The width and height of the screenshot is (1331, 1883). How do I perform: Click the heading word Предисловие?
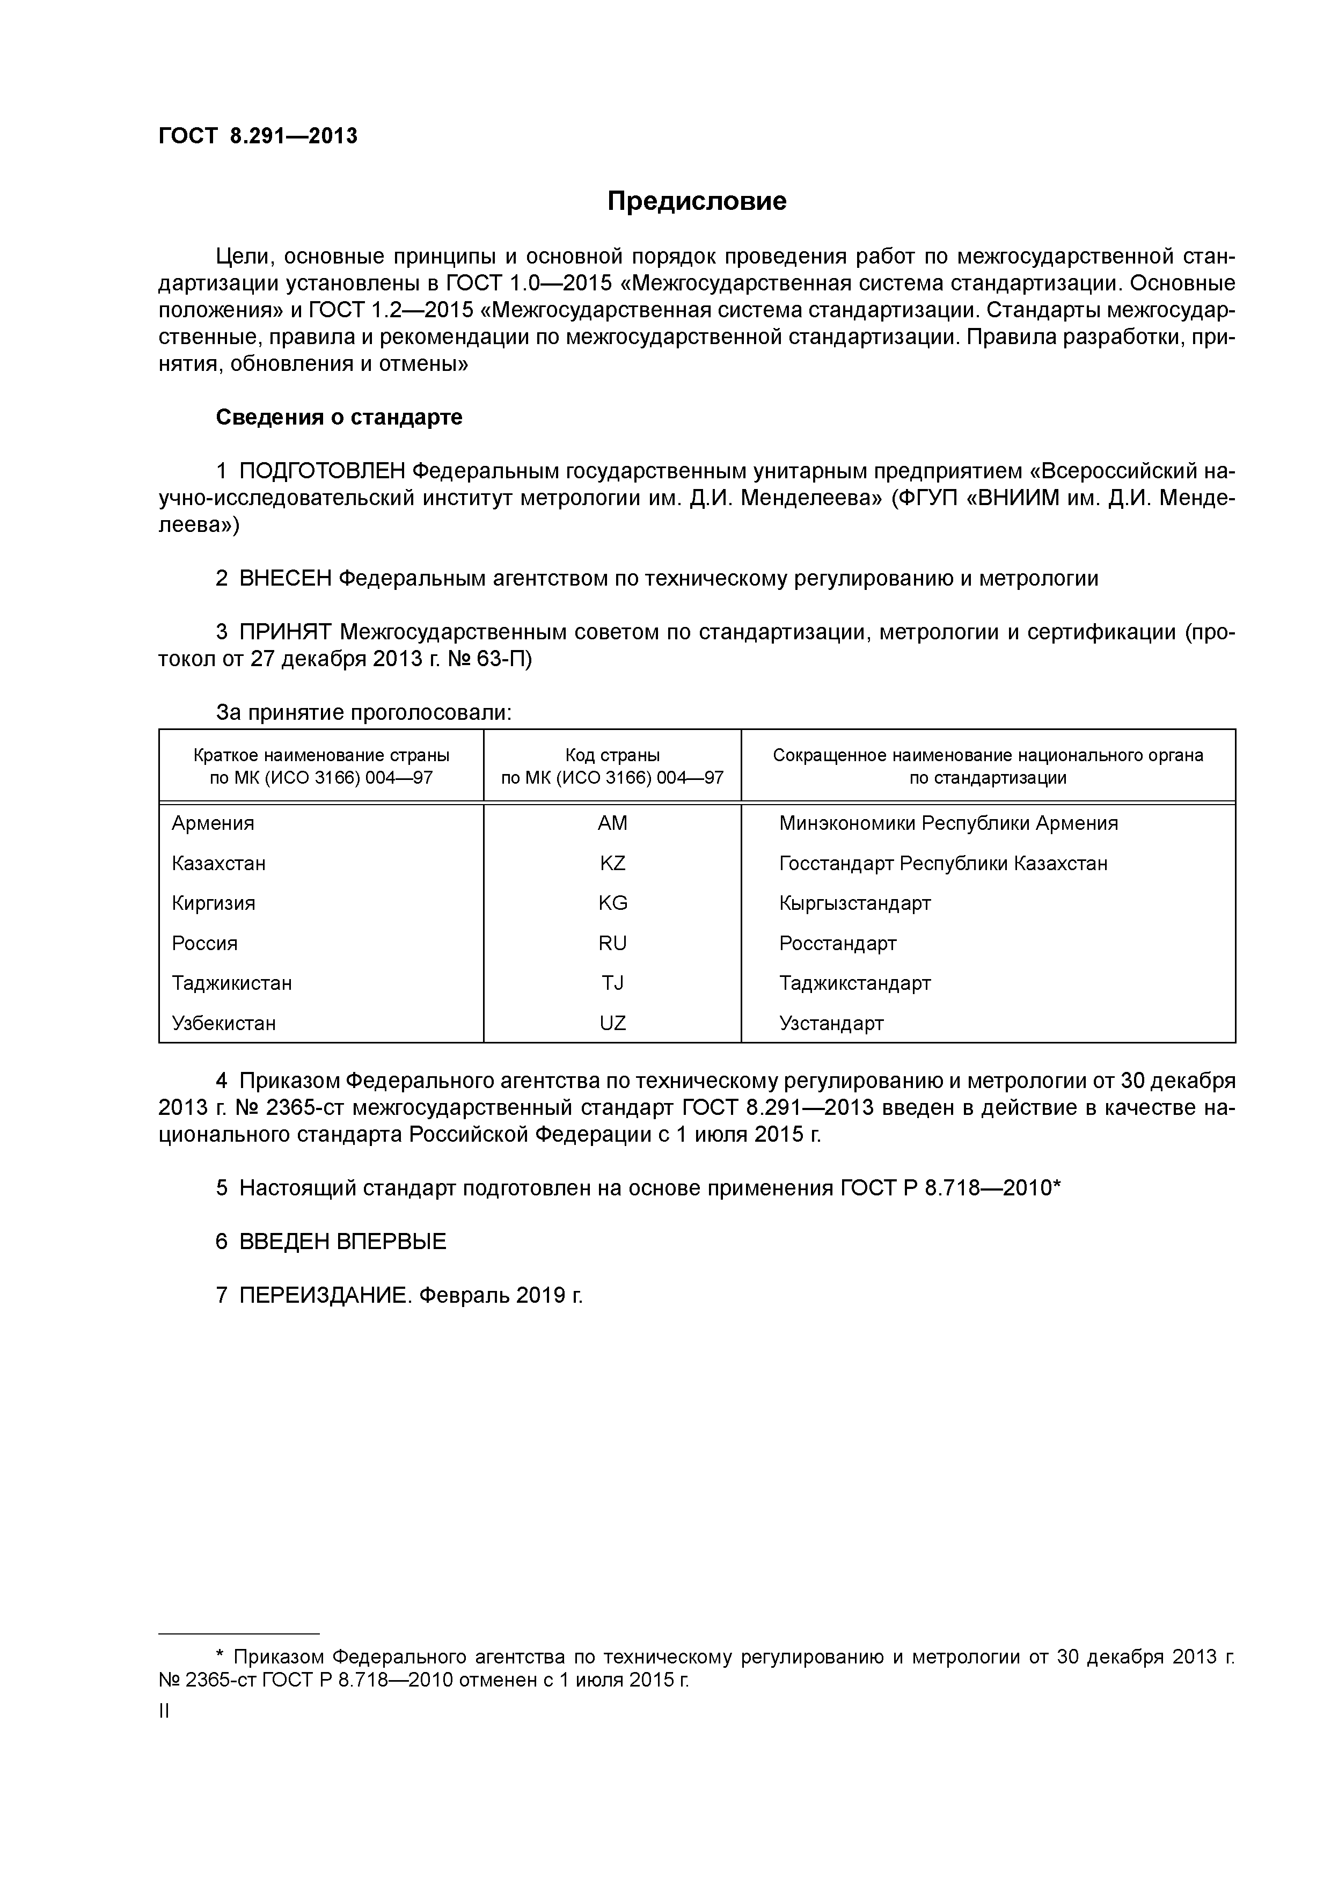click(x=696, y=201)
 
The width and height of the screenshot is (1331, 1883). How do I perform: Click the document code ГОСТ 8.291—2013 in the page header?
click(x=258, y=136)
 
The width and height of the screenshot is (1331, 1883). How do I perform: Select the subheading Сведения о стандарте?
click(x=339, y=418)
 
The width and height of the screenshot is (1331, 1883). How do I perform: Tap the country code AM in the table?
click(x=612, y=822)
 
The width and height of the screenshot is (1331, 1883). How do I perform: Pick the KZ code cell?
click(x=612, y=863)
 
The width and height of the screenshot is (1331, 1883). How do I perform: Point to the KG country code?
click(x=612, y=903)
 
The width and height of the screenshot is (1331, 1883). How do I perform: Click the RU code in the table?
click(x=612, y=943)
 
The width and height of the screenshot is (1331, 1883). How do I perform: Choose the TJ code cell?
click(x=612, y=982)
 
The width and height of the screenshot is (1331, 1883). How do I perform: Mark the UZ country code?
click(x=612, y=1023)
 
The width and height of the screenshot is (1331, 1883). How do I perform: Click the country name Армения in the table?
click(x=213, y=822)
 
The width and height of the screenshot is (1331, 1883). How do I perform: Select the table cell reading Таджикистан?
click(x=232, y=982)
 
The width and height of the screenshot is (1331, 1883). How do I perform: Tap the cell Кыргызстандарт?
click(x=854, y=903)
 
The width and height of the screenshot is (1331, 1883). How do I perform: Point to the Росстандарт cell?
click(x=837, y=943)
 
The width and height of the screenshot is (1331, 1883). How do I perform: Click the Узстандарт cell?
click(x=831, y=1023)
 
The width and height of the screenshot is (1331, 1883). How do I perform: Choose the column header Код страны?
click(x=612, y=755)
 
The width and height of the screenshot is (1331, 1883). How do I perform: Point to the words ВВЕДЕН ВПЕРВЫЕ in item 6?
click(x=343, y=1242)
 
